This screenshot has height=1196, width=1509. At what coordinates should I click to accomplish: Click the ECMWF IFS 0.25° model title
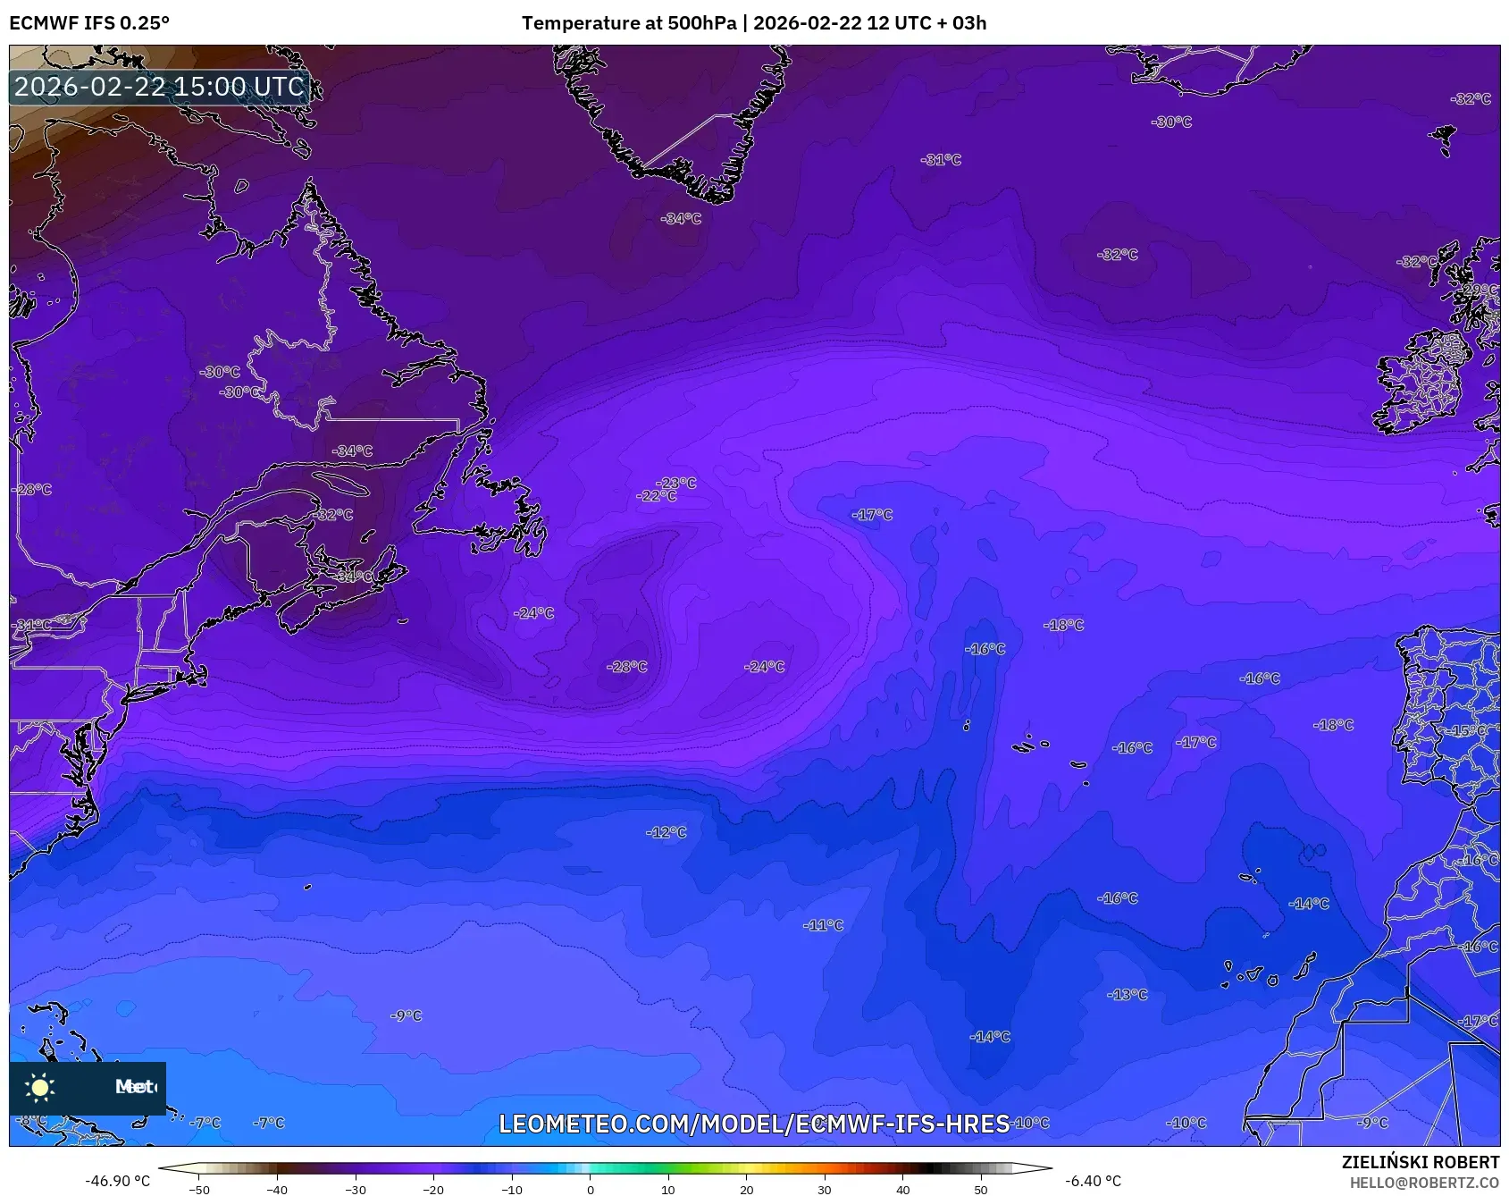point(89,23)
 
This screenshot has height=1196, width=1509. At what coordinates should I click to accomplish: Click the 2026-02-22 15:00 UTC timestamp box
point(159,87)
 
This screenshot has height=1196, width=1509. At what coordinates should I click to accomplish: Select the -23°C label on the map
point(676,483)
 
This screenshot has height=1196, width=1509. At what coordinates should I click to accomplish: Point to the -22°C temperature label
point(657,496)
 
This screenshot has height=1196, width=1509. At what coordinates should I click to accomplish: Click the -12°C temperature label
point(666,832)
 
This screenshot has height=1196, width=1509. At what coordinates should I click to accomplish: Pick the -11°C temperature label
point(823,925)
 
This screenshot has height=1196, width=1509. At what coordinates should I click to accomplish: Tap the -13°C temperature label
point(1128,994)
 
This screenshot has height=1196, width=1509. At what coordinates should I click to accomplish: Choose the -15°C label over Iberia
point(1470,730)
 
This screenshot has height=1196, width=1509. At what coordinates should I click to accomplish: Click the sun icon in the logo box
point(40,1087)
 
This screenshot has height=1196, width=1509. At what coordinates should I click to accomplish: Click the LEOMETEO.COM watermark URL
point(754,1124)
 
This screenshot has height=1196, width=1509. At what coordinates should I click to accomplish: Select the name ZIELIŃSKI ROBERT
point(1420,1162)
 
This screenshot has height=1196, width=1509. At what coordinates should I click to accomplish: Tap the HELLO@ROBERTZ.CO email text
point(1424,1183)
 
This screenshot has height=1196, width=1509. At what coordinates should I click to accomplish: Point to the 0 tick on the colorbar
point(591,1190)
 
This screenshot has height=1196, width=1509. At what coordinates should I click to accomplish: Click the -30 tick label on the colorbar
point(356,1190)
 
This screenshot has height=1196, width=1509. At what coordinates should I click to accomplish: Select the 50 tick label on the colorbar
point(981,1190)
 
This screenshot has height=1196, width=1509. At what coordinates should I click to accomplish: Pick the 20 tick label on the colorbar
point(746,1190)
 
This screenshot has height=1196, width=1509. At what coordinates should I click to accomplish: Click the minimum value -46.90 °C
point(118,1181)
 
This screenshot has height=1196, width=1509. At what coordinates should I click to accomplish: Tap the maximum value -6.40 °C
point(1093,1181)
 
